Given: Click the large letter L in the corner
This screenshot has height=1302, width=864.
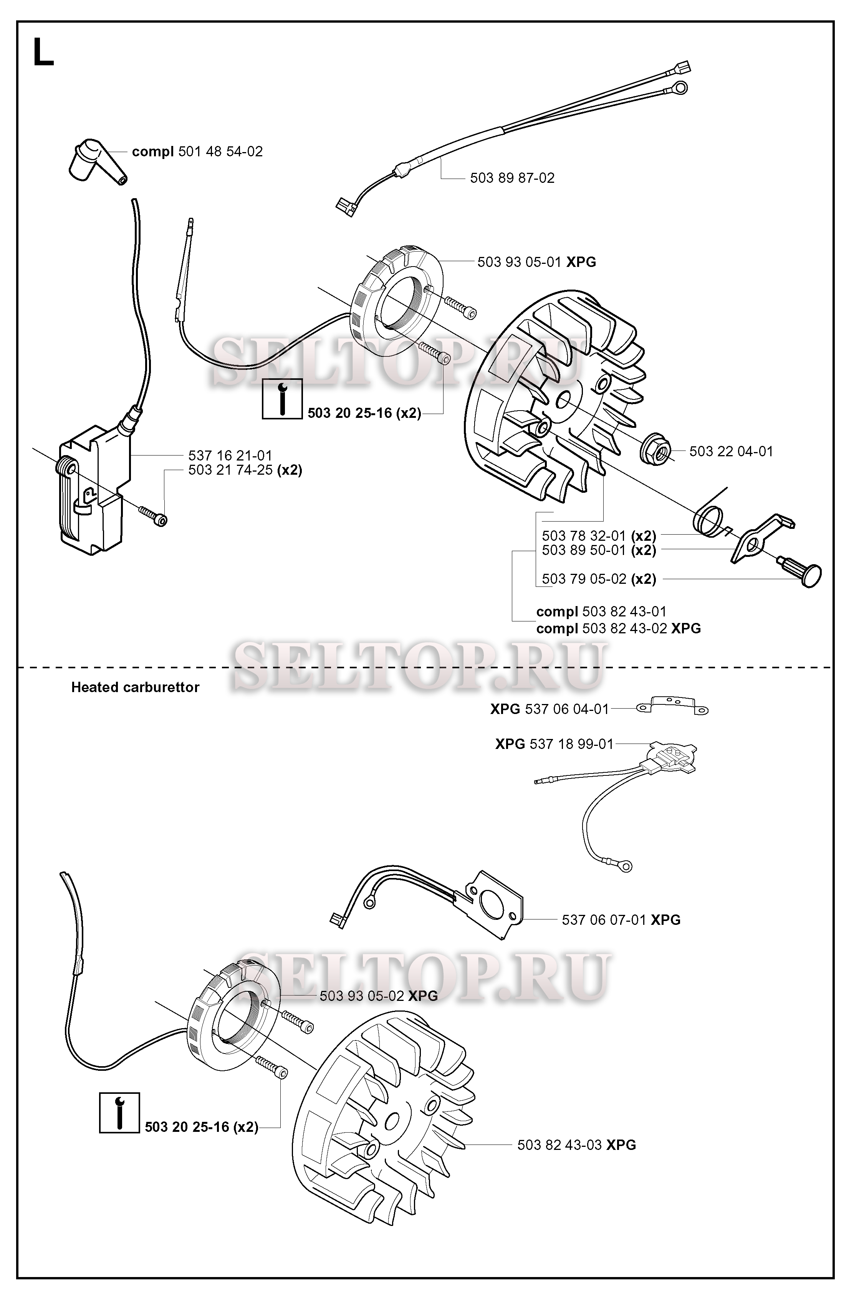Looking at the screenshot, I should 43,53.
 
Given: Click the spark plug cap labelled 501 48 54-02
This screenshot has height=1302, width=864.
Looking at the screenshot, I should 93,160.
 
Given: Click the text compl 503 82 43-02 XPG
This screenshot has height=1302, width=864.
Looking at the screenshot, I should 618,629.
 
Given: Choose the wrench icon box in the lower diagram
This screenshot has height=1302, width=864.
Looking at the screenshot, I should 119,1113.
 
